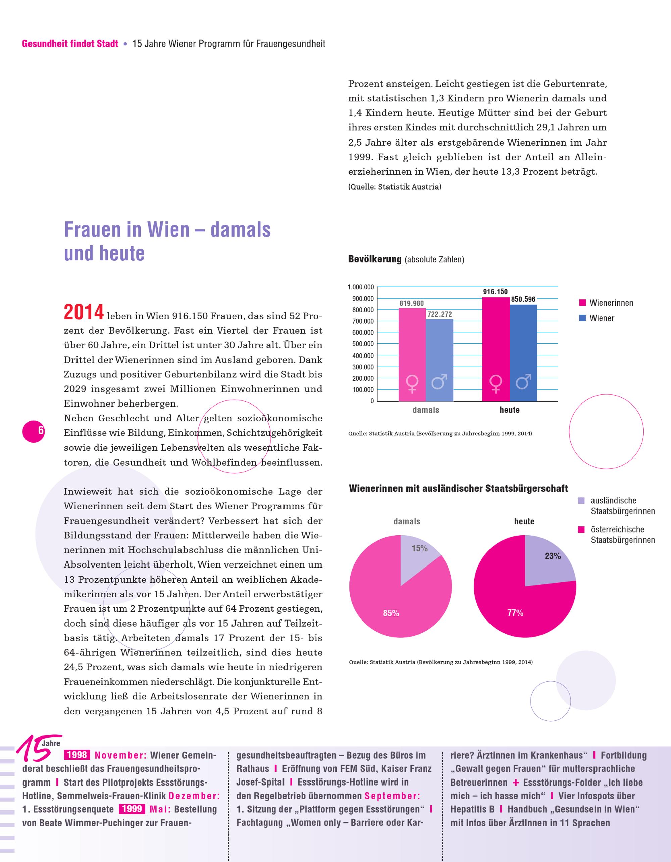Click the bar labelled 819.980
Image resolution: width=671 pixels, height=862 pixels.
[x=412, y=355]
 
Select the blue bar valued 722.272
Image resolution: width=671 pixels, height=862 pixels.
[x=439, y=360]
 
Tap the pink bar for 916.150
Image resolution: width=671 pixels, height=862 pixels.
[x=496, y=349]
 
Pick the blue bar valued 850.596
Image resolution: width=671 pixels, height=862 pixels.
[x=523, y=353]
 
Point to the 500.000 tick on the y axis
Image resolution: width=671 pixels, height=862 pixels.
[x=363, y=344]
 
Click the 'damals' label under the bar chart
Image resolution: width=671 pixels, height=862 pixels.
[x=426, y=410]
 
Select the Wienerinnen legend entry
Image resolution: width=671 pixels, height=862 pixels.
[x=606, y=303]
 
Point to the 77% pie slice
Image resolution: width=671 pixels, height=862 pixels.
[x=517, y=604]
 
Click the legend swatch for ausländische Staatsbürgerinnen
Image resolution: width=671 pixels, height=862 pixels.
[x=581, y=501]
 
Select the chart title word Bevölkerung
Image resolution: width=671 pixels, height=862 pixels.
[x=374, y=259]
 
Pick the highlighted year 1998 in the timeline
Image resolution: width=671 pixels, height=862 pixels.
[x=77, y=755]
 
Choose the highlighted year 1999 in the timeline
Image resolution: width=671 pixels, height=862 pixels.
[x=132, y=809]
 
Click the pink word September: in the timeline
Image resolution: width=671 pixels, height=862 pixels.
[x=392, y=795]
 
